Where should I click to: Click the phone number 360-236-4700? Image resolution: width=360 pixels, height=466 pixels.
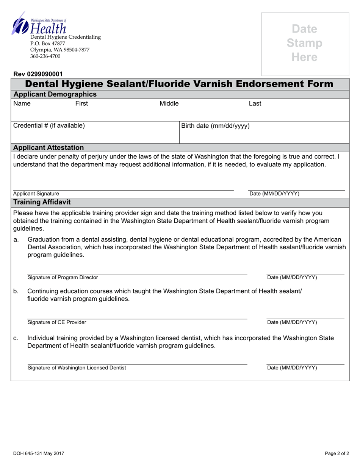click(45, 56)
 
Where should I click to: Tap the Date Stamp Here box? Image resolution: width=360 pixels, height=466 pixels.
click(305, 43)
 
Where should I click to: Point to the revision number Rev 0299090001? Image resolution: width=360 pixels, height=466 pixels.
click(38, 74)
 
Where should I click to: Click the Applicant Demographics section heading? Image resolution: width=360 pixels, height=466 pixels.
click(55, 94)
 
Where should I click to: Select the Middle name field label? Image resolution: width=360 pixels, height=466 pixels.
click(169, 103)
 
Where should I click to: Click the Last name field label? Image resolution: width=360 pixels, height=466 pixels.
click(255, 103)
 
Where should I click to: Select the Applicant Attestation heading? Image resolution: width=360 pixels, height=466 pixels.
click(49, 147)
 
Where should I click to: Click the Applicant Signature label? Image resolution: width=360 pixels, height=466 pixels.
click(36, 194)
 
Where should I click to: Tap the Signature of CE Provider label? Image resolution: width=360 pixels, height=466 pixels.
click(57, 322)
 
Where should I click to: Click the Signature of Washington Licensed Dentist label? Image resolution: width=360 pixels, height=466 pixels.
click(77, 367)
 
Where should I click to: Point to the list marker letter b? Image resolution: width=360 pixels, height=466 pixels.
click(16, 291)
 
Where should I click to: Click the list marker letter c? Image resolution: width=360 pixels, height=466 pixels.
click(16, 338)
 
